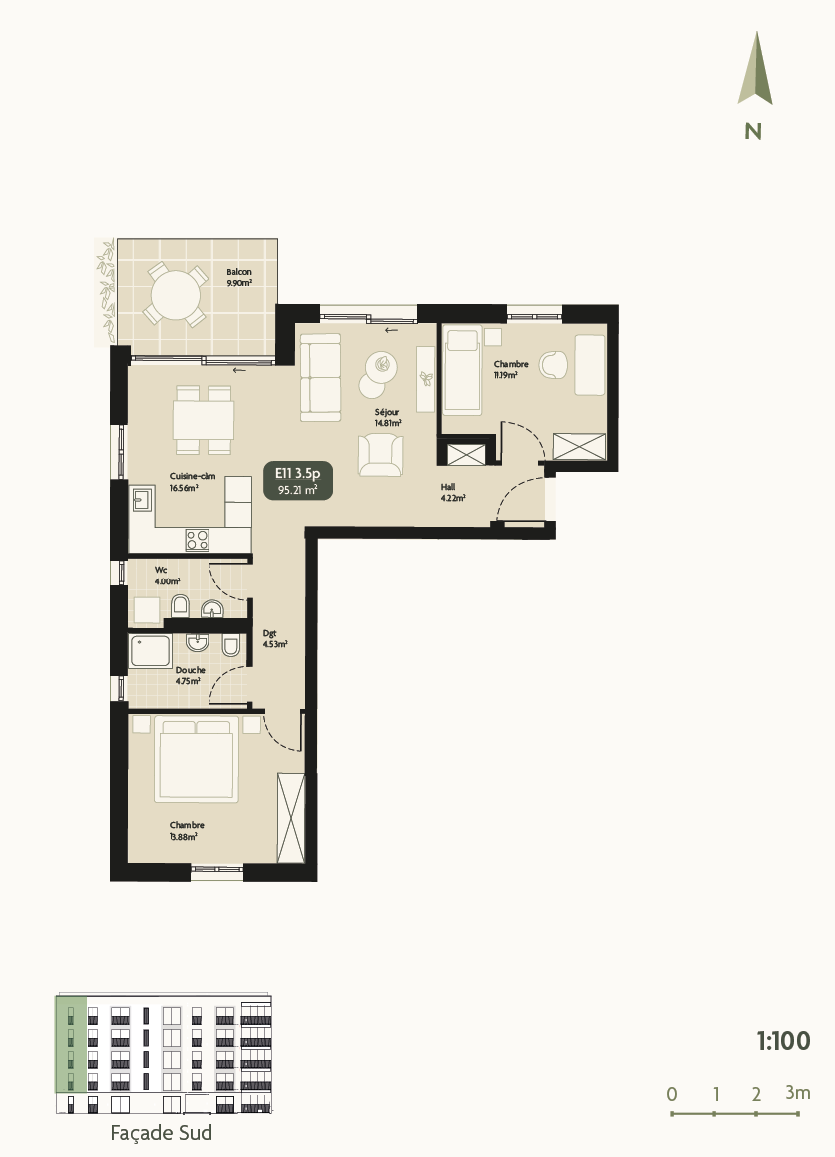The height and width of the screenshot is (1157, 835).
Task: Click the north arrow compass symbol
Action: [x=755, y=69]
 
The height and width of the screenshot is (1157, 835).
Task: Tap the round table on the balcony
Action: [x=176, y=295]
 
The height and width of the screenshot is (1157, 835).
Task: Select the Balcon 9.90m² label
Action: [x=238, y=277]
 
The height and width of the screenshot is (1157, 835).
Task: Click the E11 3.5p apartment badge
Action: [x=297, y=480]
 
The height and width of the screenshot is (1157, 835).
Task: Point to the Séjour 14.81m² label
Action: [x=387, y=416]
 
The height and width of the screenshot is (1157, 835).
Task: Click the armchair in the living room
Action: [x=381, y=454]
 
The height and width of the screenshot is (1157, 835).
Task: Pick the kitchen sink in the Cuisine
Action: [x=141, y=498]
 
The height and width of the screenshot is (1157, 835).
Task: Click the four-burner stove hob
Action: [x=198, y=540]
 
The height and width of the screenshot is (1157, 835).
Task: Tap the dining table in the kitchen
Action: [x=204, y=418]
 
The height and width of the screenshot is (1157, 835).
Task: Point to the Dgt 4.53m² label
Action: [x=275, y=638]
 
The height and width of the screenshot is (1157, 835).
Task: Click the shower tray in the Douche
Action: [x=152, y=651]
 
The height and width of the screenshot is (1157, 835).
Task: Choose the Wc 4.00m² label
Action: [x=166, y=576]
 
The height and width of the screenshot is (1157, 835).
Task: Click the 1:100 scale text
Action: [x=783, y=1041]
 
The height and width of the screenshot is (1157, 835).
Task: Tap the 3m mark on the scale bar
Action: [x=797, y=1093]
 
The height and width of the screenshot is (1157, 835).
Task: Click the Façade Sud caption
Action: [x=161, y=1133]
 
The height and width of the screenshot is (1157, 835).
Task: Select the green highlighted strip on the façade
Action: [x=70, y=1044]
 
